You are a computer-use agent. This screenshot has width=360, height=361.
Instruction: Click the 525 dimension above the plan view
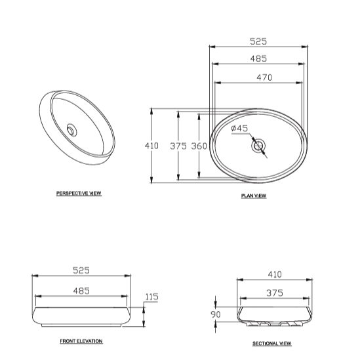pos(258,41)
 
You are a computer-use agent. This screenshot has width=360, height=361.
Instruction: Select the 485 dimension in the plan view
pos(258,59)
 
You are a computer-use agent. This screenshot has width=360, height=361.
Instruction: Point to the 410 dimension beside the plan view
pos(151,146)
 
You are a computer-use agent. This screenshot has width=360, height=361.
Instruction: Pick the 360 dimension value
pos(199,146)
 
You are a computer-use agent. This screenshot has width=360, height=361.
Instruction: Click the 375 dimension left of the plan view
pos(178,146)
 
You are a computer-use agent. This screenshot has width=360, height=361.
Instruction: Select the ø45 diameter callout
pos(239,129)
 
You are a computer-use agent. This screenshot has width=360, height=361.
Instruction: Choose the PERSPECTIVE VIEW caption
pos(79,194)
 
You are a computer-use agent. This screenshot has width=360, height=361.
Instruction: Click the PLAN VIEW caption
pos(253,196)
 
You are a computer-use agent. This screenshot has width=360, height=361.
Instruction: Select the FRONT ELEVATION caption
pos(81,341)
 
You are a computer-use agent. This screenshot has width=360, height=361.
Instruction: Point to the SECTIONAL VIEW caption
pos(271,343)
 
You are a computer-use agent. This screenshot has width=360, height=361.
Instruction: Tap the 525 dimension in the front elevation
pos(81,270)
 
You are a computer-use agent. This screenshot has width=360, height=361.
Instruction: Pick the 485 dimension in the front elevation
pos(81,289)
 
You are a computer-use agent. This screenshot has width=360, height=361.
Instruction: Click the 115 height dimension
pos(151,297)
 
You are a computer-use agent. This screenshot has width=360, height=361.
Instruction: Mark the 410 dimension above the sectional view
pos(274,274)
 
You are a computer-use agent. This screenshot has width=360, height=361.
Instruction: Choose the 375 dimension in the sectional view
pos(274,293)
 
